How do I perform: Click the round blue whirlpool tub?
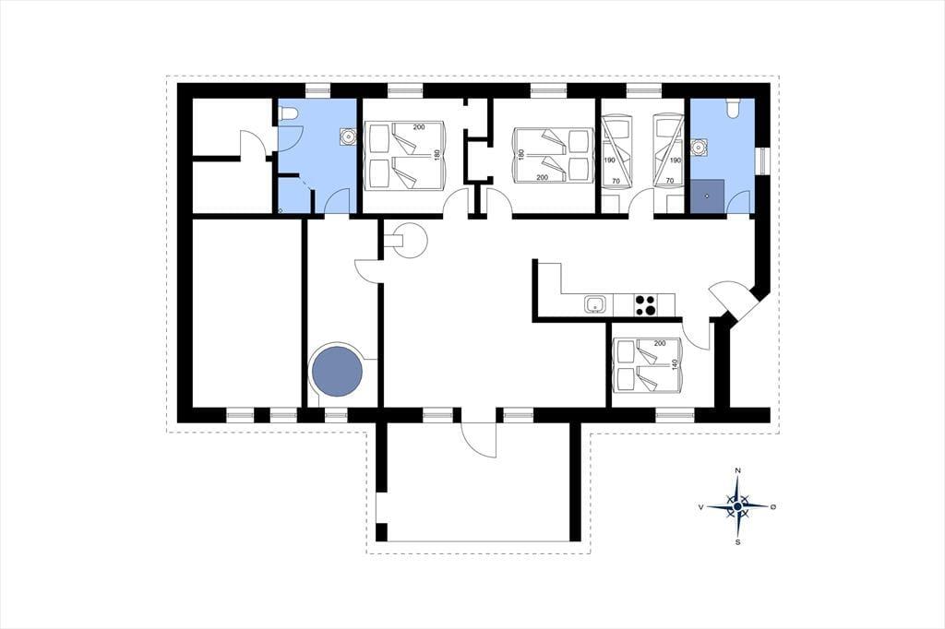point(337,370)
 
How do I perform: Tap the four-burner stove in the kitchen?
point(645,304)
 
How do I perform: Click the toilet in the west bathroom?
point(288,113)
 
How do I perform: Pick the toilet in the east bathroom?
point(734,107)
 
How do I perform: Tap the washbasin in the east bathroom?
point(700,147)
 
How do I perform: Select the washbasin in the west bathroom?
point(347,137)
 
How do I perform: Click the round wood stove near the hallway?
point(409,240)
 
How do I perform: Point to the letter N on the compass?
point(737,470)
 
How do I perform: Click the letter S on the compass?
point(737,542)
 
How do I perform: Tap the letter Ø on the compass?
point(773,507)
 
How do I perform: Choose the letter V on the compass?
point(701,507)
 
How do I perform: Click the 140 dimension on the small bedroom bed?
point(675,365)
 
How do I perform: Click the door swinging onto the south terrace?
point(478,441)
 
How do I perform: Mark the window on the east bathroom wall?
point(762,161)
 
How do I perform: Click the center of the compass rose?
point(737,506)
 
